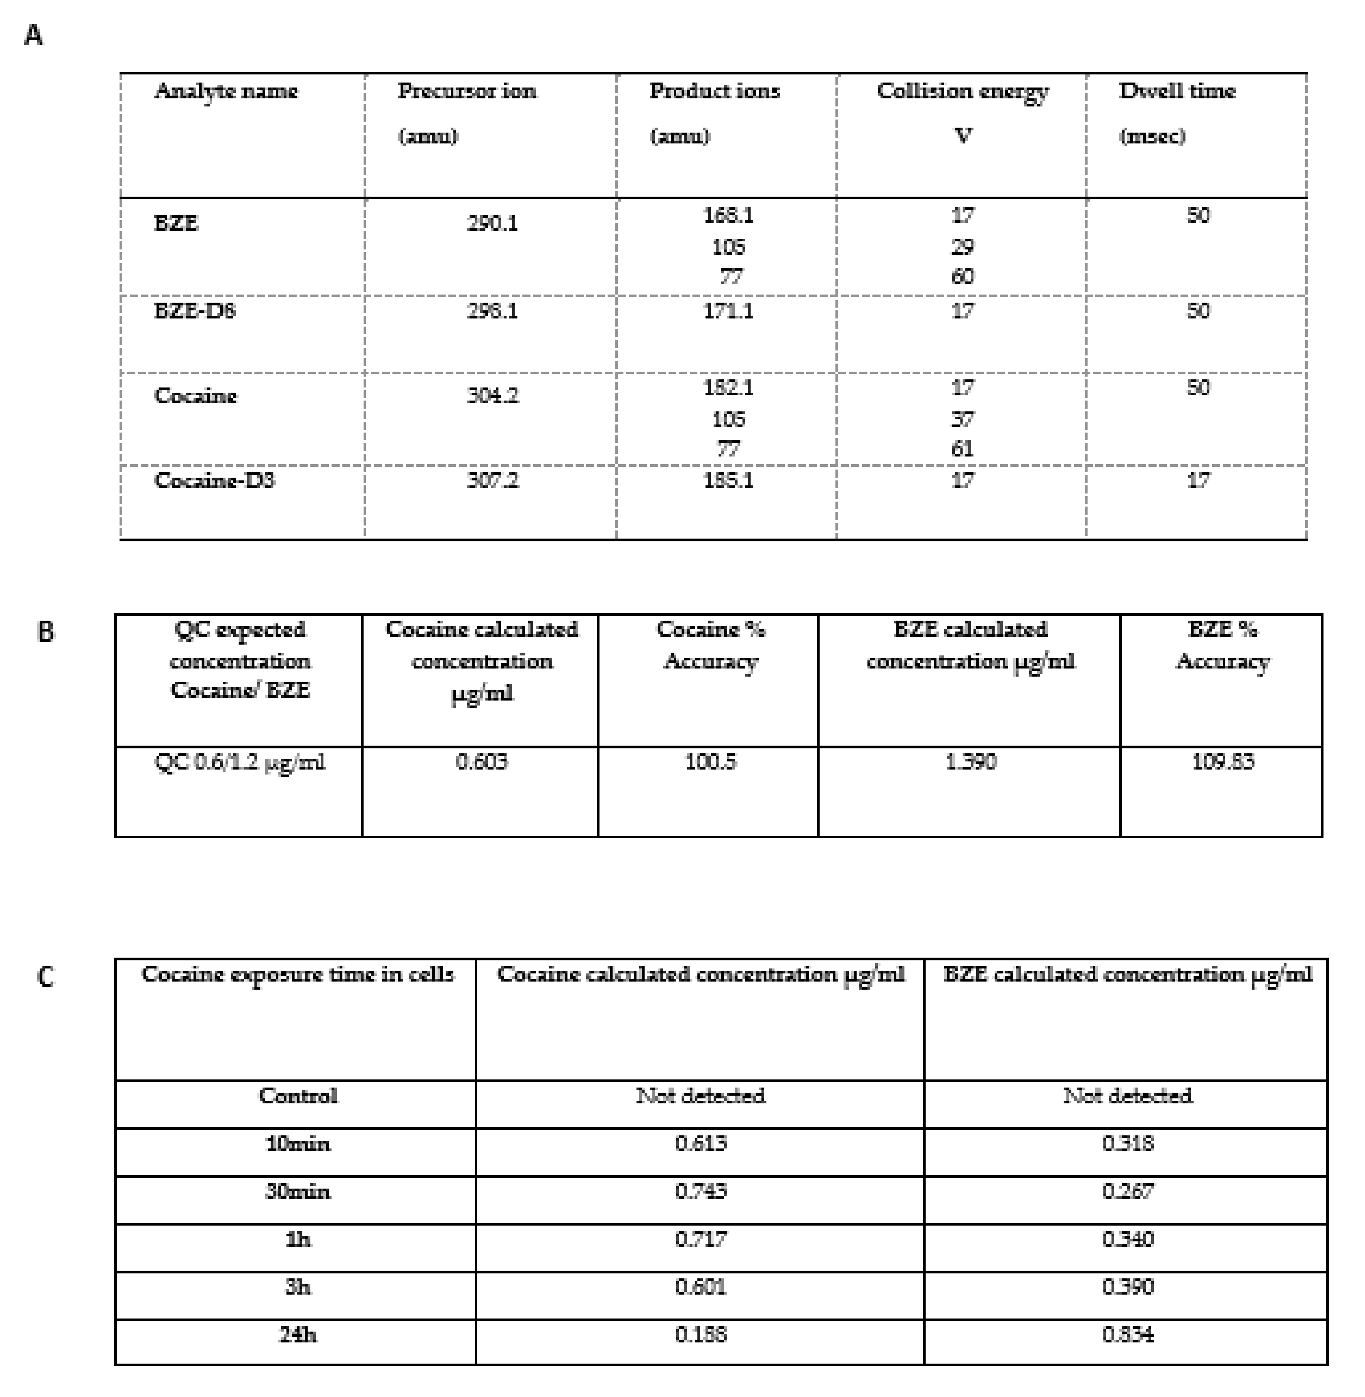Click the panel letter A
33,34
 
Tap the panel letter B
45,632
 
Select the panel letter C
45,976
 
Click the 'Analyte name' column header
226,92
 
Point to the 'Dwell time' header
1177,92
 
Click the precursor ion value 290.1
492,224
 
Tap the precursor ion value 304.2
492,396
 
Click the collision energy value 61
962,449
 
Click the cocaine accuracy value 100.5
710,761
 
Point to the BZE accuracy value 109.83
1222,761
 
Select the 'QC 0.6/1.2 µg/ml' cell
240,761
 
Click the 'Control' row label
298,1096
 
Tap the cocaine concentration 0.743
701,1191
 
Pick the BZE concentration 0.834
1128,1335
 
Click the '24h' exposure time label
298,1335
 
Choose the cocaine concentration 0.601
701,1286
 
